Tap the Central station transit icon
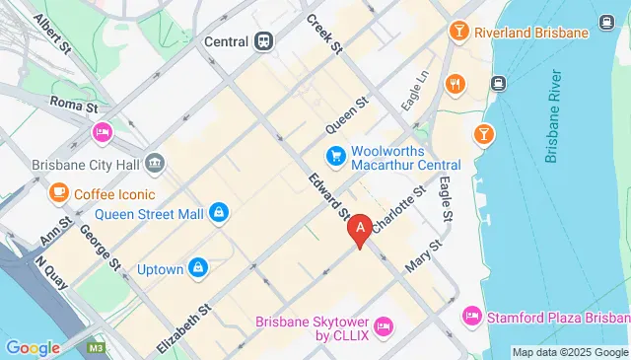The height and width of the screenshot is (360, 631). (263, 41)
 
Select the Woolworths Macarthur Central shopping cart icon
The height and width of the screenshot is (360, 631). (335, 156)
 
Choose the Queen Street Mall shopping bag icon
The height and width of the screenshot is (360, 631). (219, 210)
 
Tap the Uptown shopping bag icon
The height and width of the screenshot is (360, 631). (198, 267)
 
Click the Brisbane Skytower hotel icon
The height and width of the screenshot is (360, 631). (385, 325)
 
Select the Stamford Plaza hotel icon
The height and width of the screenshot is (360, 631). (471, 316)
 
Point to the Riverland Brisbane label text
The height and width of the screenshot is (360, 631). (530, 33)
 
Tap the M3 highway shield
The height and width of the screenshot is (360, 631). (97, 348)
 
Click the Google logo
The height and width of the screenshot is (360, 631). (33, 347)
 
